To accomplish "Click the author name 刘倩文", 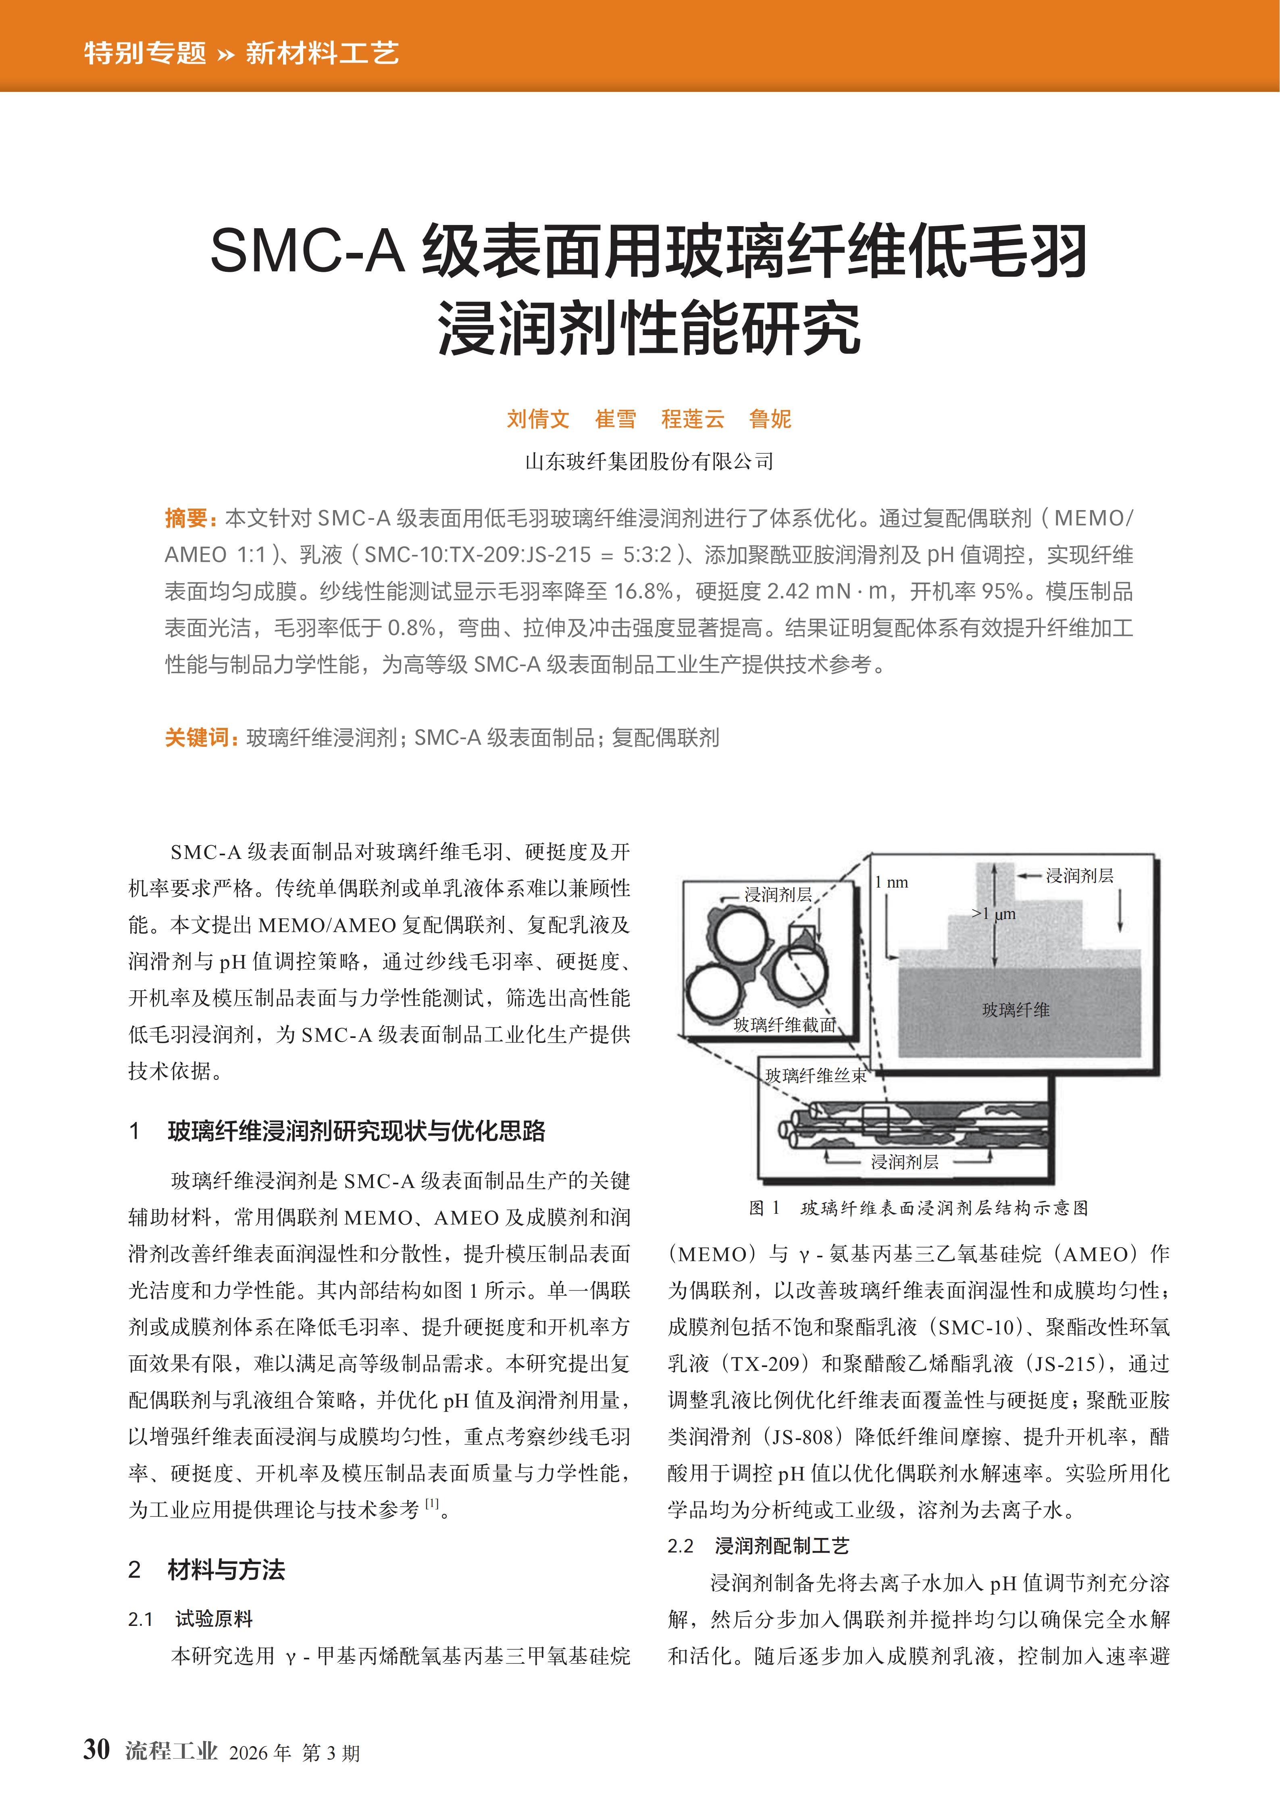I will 538,419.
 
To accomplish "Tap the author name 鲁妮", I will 770,419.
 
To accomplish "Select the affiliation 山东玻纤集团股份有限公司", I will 649,461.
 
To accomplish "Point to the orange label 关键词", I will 197,738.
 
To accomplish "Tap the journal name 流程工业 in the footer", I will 171,1751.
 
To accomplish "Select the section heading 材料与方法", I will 226,1569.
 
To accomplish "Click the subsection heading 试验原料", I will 214,1619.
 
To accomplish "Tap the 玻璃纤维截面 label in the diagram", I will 784,1025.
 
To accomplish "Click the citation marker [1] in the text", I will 432,1503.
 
